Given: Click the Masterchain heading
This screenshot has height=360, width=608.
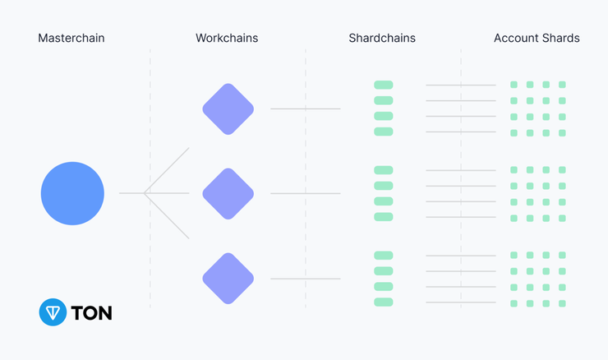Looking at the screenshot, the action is (71, 38).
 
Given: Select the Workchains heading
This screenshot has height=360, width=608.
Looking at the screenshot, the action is (227, 38).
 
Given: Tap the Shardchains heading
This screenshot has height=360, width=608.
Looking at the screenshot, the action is (382, 38).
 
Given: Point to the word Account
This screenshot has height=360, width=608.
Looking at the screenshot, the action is (516, 38).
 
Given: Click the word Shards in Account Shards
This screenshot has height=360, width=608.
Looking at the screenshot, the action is (560, 38).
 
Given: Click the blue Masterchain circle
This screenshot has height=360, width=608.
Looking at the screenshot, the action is (72, 193).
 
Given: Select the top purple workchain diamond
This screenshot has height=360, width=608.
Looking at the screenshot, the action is (228, 109).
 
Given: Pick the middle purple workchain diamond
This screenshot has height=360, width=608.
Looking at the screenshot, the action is (228, 194).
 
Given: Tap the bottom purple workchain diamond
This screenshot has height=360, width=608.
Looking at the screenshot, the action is (228, 278).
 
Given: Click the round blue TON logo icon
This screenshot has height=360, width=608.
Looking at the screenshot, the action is (53, 312).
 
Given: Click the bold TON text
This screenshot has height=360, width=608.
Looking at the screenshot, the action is (91, 312).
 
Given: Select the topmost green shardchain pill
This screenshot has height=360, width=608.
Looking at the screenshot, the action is (384, 85).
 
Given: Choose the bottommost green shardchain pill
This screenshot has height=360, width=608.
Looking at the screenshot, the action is (384, 302).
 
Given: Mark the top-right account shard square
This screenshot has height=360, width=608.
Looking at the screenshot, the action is (562, 85).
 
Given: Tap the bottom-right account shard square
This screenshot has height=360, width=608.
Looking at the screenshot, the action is (562, 303).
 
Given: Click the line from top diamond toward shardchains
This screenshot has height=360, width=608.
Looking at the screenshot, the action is (306, 108).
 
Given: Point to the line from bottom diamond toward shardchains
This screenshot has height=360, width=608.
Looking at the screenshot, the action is (306, 279).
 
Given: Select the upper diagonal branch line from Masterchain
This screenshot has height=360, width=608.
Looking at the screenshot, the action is (166, 170).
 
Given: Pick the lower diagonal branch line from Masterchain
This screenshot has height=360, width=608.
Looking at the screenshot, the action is (166, 215).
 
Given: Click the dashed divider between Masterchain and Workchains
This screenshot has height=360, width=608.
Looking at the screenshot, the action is (150, 178).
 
